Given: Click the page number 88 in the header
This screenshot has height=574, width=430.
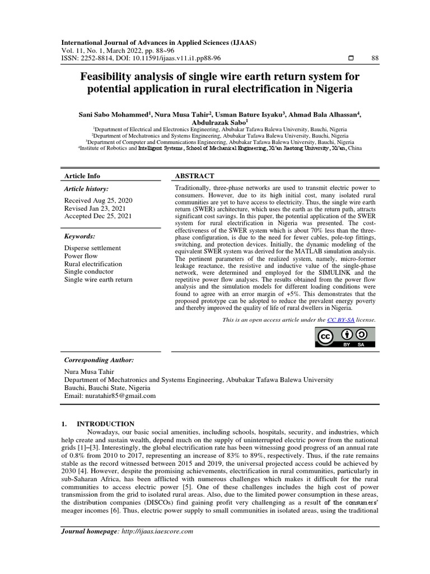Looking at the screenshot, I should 375,58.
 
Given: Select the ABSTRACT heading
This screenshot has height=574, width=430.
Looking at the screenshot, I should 195,176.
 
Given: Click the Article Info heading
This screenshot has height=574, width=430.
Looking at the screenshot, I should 82,176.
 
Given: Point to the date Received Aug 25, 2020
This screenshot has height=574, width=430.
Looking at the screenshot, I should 99,200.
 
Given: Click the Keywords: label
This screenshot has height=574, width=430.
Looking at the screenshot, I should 80,237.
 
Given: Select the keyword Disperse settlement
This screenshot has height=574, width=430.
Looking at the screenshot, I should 92,248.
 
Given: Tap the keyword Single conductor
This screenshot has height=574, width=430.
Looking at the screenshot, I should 90,271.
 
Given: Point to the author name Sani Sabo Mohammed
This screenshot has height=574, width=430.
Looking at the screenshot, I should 114,114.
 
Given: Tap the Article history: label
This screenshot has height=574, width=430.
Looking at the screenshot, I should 86,189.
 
